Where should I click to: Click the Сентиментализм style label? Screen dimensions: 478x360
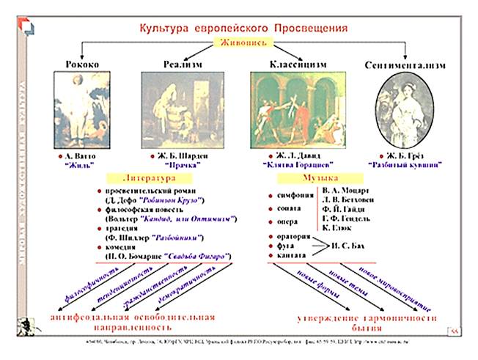405,66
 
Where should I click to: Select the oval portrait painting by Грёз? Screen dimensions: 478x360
402,110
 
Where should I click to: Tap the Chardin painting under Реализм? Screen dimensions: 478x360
181,110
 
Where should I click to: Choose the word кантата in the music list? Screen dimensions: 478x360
293,254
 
